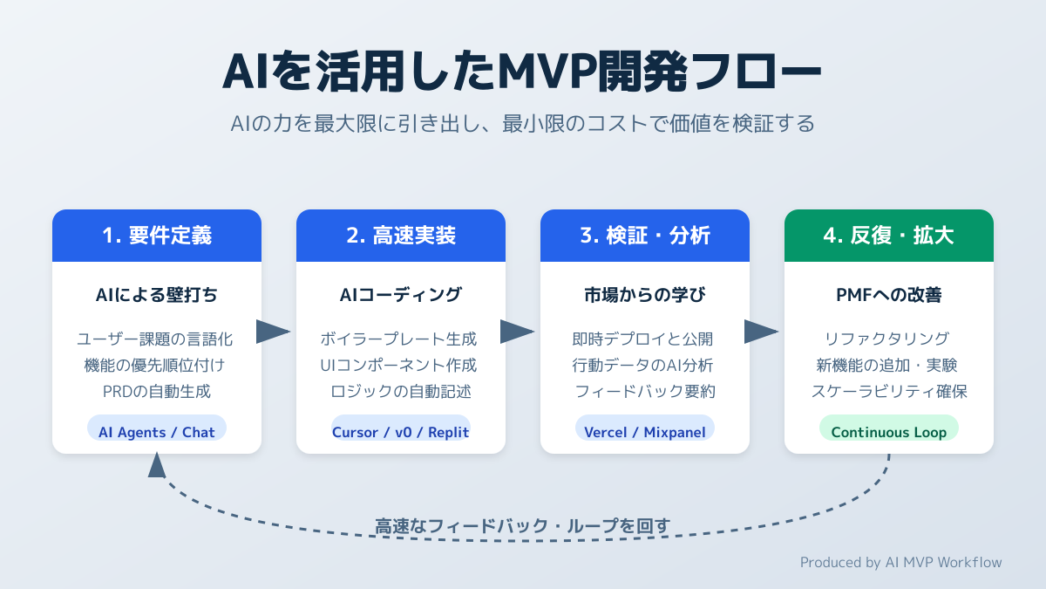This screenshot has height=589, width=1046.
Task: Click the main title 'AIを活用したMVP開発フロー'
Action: [x=522, y=72]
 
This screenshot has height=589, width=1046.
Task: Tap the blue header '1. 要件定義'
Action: [x=157, y=236]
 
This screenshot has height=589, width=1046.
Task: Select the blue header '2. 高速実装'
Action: [x=401, y=236]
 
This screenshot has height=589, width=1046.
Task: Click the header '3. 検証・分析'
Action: [x=645, y=236]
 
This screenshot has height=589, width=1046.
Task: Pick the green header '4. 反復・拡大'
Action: [x=889, y=236]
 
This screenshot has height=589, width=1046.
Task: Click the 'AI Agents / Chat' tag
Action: [x=157, y=432]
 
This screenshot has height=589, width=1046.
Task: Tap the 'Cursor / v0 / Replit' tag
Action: [x=401, y=432]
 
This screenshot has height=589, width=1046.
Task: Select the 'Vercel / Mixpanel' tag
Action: [x=645, y=432]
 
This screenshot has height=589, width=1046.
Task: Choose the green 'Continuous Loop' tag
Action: [x=889, y=432]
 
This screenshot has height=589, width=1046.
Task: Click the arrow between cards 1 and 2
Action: [x=273, y=332]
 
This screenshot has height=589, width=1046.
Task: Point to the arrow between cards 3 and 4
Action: [x=761, y=332]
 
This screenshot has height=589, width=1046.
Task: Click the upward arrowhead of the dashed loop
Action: [x=157, y=465]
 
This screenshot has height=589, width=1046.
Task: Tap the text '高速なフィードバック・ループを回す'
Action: [x=523, y=526]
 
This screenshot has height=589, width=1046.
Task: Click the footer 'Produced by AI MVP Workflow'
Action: [x=901, y=562]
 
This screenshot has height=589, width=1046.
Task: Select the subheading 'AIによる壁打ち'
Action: [x=157, y=295]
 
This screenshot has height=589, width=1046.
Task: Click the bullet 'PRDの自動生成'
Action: [x=157, y=391]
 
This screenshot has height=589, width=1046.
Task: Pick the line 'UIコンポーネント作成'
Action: [x=401, y=365]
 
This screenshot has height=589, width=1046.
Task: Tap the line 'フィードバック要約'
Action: [x=645, y=391]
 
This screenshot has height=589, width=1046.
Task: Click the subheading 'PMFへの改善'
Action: [x=889, y=295]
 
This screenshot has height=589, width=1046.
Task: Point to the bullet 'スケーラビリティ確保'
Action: [x=889, y=391]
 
